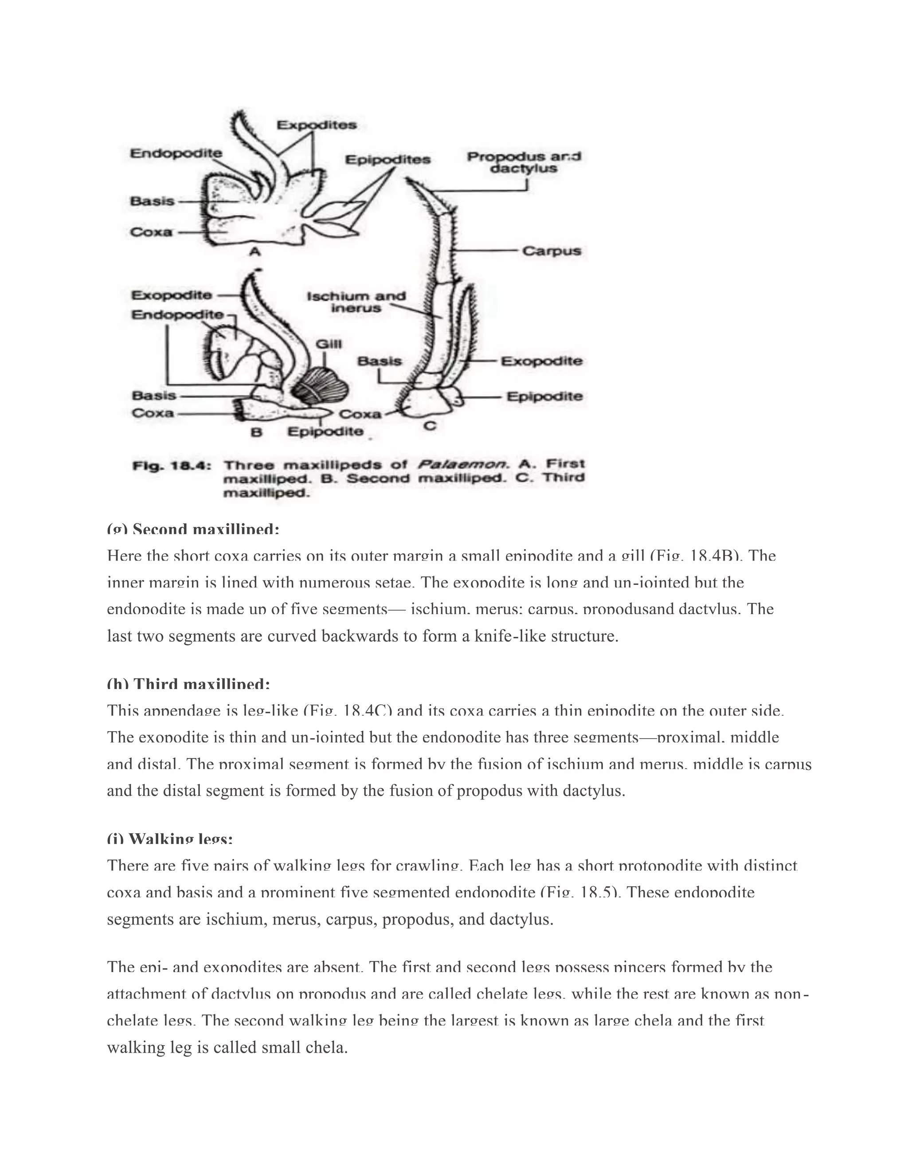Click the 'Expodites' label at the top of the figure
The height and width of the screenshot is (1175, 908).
click(316, 125)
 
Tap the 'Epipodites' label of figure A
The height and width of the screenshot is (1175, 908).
click(387, 160)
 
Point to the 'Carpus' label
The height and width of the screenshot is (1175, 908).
click(552, 251)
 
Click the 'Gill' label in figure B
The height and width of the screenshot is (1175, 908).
click(328, 344)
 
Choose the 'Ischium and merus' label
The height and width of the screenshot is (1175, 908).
click(356, 302)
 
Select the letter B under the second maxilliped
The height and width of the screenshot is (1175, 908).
click(257, 432)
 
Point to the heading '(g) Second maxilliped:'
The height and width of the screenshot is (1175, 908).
click(193, 529)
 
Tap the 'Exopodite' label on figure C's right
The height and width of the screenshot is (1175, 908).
click(542, 361)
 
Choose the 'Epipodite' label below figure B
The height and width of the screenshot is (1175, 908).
click(325, 431)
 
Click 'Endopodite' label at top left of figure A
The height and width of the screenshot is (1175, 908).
click(176, 153)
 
